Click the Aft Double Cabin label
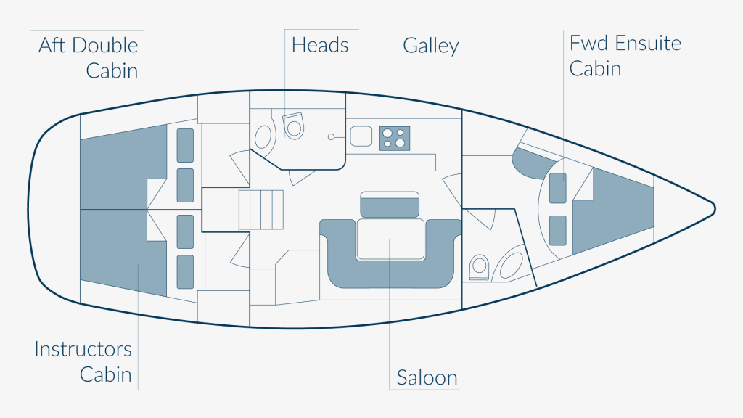coord(89,58)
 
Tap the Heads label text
coord(320,45)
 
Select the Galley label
coord(431,46)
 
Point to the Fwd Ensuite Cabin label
coord(625,55)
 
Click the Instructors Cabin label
coord(83,361)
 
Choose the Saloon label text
coord(427,377)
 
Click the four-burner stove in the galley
coord(395,137)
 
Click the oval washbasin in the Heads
coord(264,136)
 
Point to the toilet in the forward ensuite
coord(479,266)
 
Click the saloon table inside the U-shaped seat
coord(390,239)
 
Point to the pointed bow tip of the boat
coord(715,208)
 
